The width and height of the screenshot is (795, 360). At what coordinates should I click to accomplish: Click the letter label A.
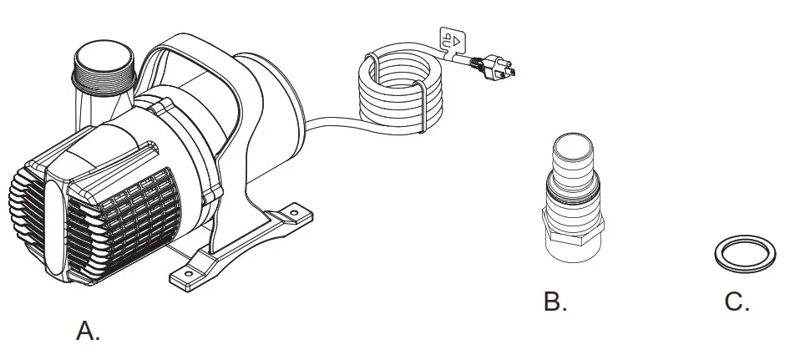[x=88, y=331]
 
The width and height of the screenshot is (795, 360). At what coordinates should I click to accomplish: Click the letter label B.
[x=555, y=302]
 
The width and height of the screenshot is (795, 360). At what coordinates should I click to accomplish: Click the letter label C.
[x=737, y=302]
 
